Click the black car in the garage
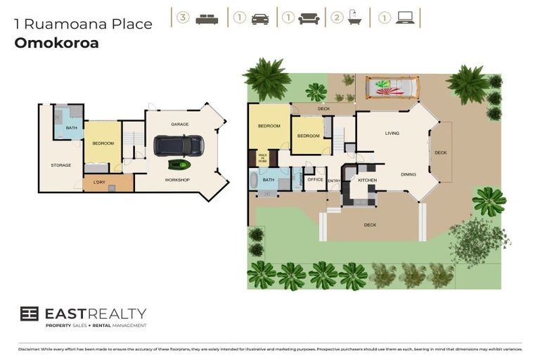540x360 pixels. [x=179, y=146]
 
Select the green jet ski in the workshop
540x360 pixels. [x=179, y=165]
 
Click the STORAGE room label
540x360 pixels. [x=60, y=165]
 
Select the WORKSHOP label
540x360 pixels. [x=177, y=180]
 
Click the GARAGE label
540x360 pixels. [x=180, y=124]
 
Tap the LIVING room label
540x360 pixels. [x=392, y=133]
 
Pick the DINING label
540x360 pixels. [x=408, y=174]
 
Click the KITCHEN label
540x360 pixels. [x=368, y=181]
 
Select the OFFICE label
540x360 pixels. [x=315, y=179]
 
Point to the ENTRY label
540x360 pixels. [x=333, y=181]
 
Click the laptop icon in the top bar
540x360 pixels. [x=405, y=18]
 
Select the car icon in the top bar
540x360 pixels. [x=260, y=18]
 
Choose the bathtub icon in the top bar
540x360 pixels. [x=356, y=18]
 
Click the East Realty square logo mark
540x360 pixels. [x=29, y=314]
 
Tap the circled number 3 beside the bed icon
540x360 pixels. [x=183, y=18]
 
